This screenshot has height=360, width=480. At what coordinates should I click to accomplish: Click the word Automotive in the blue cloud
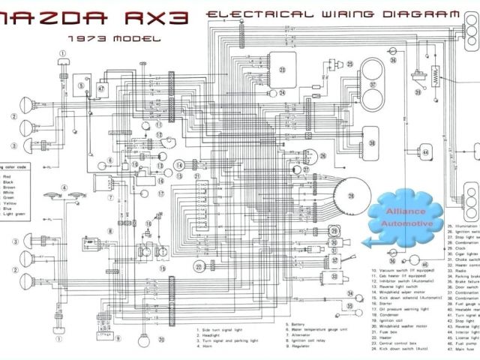click(x=406, y=223)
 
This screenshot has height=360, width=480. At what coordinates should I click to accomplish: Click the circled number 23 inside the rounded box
click(x=283, y=70)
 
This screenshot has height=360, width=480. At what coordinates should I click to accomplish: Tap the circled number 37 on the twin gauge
click(x=373, y=84)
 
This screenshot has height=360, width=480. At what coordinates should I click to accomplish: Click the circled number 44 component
click(x=425, y=153)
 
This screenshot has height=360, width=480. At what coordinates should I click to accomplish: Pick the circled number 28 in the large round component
click(x=349, y=195)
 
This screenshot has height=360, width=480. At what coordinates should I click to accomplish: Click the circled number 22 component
click(x=199, y=267)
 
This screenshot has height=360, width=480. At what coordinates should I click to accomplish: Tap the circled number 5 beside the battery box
click(x=79, y=87)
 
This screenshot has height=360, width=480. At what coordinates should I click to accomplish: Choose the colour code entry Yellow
click(x=10, y=202)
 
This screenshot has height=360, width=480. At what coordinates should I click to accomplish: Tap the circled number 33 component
click(x=350, y=307)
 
